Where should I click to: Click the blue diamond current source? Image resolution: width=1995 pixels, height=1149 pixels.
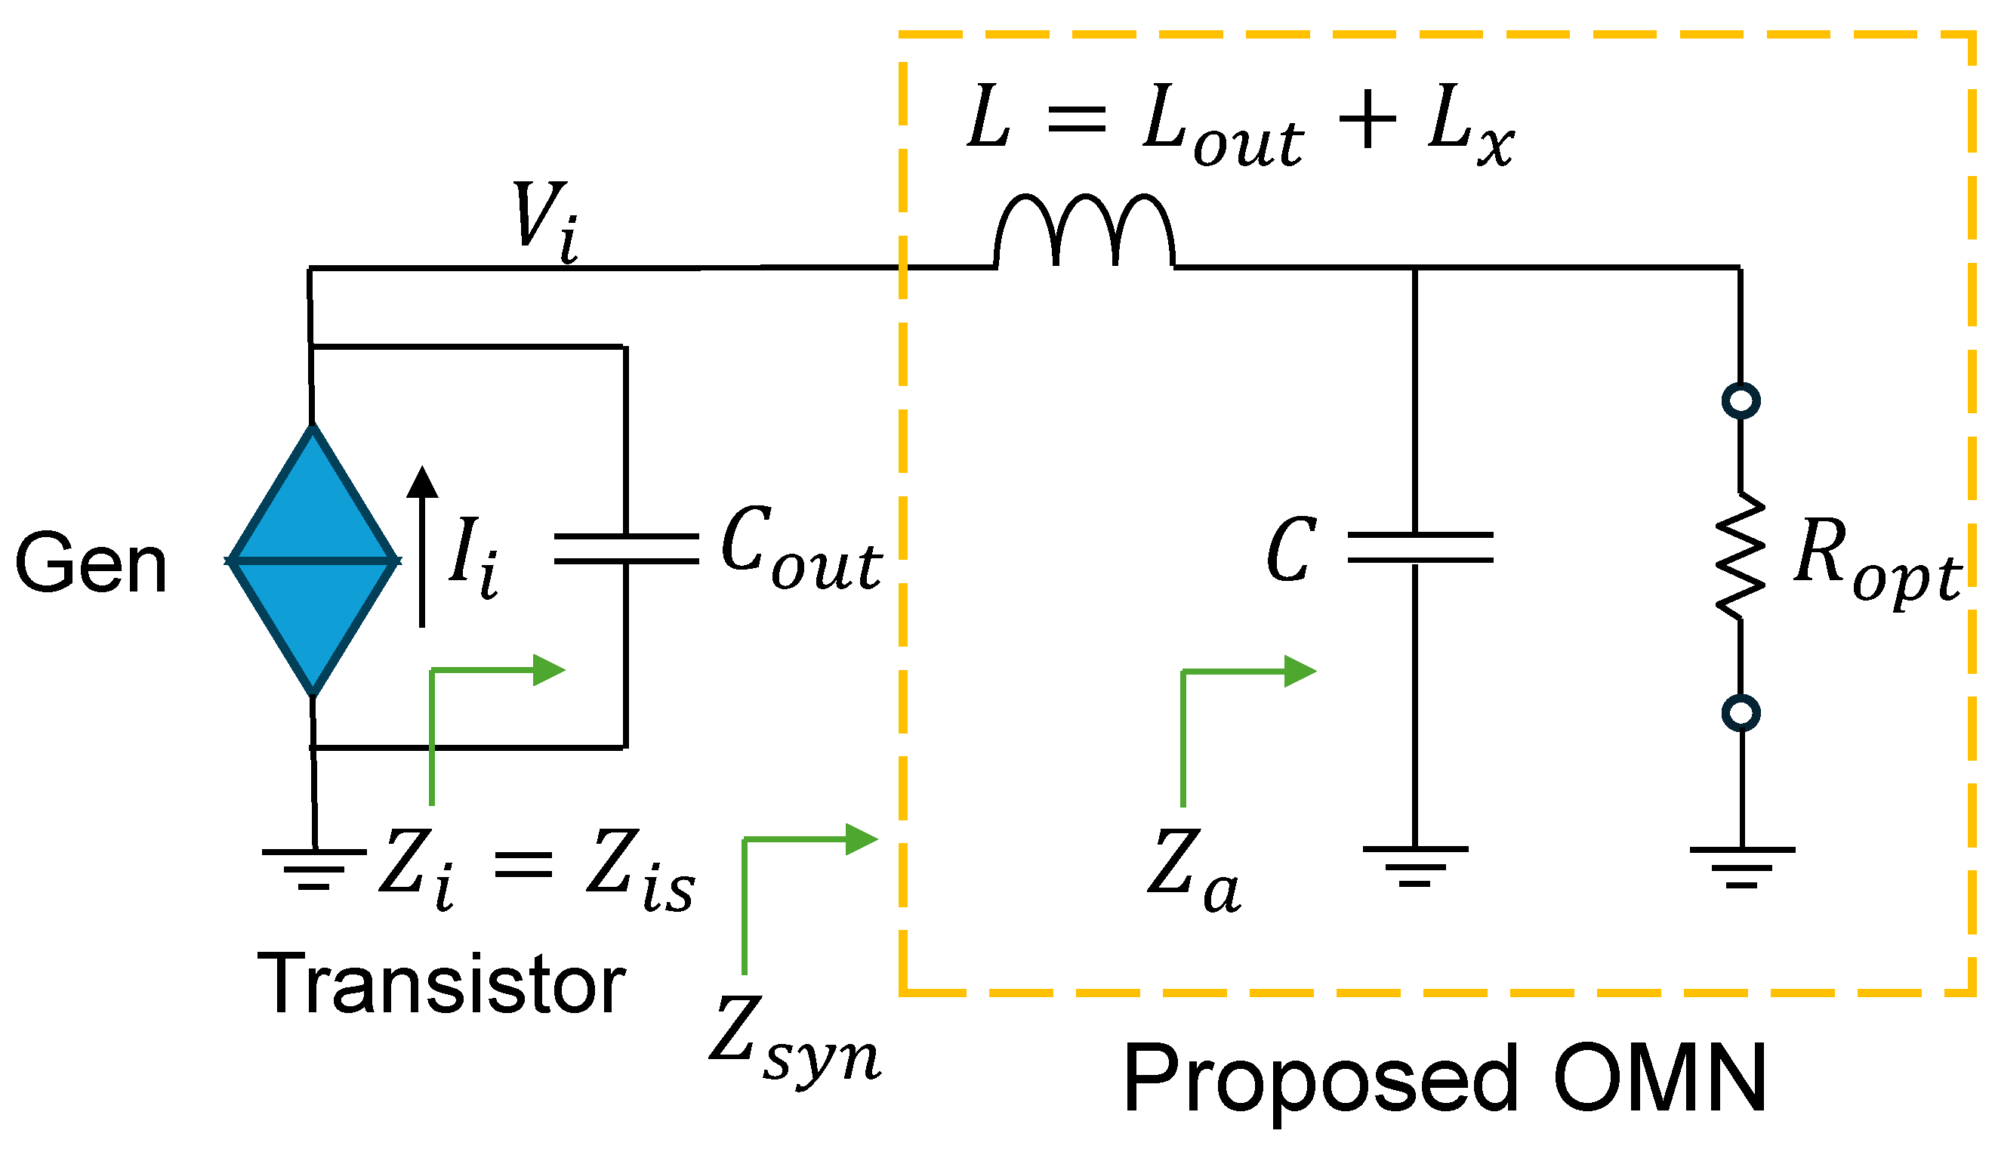click(313, 561)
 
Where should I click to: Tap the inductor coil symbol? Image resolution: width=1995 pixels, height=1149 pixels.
click(1084, 230)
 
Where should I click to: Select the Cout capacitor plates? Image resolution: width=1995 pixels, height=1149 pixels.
click(626, 548)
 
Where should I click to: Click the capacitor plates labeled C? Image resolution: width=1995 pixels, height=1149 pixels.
click(1420, 548)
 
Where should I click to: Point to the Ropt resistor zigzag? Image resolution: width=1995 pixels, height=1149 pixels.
click(1741, 556)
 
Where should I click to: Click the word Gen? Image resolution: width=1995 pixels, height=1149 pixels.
click(91, 563)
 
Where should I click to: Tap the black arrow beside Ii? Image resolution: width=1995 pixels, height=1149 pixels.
click(422, 545)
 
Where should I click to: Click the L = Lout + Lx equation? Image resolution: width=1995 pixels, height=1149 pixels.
click(1240, 126)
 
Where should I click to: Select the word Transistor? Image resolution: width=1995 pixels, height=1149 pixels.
click(441, 984)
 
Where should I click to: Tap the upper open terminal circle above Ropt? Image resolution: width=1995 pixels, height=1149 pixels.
click(1741, 400)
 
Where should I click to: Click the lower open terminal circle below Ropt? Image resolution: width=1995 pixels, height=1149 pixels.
click(1741, 713)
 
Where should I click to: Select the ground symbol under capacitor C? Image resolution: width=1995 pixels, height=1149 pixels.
click(1415, 866)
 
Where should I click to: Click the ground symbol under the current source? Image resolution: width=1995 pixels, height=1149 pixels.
click(314, 868)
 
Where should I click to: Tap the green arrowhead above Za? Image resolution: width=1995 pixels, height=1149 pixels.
click(1300, 671)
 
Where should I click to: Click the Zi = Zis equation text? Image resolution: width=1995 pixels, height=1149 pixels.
click(536, 868)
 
